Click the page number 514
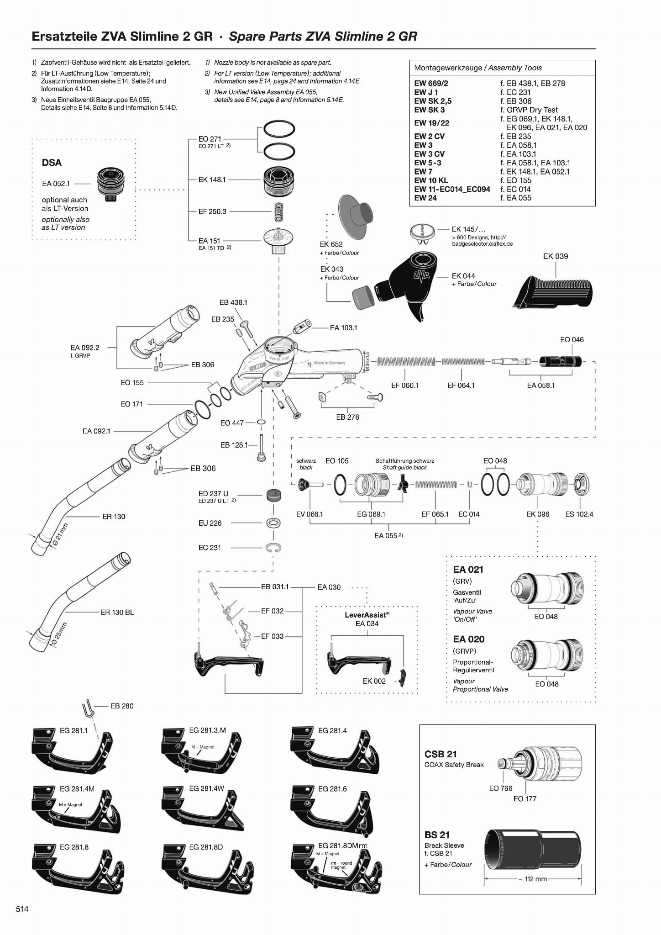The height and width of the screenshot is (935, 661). tap(22, 909)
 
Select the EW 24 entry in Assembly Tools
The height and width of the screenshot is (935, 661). tap(425, 198)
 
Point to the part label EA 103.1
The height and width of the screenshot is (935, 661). tap(343, 328)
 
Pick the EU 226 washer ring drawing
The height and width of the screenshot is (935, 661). tap(273, 523)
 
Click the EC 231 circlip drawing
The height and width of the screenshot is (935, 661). tap(273, 548)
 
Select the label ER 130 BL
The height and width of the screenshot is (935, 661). tap(117, 612)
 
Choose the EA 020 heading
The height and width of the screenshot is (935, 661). tap(468, 639)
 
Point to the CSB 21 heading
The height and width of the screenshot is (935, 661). tap(441, 754)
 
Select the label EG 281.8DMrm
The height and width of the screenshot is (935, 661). tap(342, 845)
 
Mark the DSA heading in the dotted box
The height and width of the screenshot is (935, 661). tap(52, 163)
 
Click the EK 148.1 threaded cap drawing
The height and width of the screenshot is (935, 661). tap(279, 180)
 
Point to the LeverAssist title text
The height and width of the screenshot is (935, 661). tap(367, 615)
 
